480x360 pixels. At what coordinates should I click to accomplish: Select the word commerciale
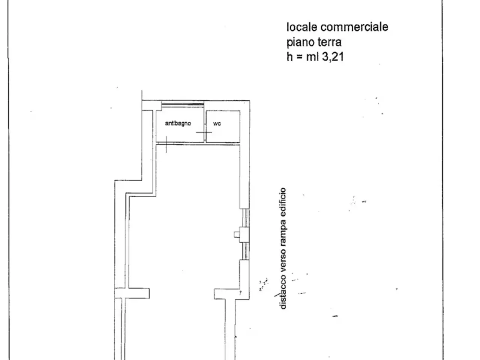354,27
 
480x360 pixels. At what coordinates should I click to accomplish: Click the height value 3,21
333,57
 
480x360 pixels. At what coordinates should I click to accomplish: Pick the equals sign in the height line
299,57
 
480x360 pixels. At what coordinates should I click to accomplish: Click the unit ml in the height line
312,57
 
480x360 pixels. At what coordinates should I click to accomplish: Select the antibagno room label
178,123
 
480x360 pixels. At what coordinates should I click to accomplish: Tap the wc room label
217,124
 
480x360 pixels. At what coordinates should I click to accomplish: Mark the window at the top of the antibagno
183,104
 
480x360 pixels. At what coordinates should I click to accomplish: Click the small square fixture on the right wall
237,234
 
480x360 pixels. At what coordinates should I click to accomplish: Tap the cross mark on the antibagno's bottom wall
166,144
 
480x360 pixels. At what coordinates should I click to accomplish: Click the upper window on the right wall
245,218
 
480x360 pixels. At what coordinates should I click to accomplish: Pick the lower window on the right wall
245,251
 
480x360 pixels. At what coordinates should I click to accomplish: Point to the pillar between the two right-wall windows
244,235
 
